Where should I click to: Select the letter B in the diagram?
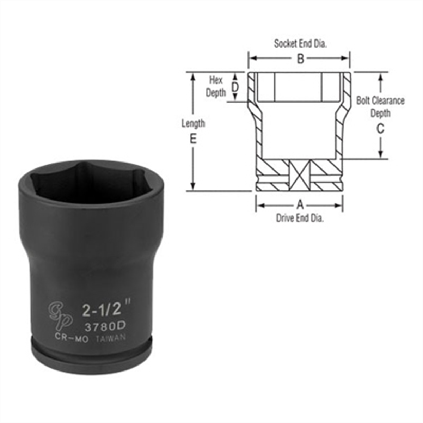click(x=300, y=59)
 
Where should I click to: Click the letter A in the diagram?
click(x=299, y=204)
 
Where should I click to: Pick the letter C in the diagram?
click(x=380, y=129)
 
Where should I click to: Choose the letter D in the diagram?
click(x=235, y=87)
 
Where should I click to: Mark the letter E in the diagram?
click(x=193, y=139)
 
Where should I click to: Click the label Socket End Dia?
click(x=300, y=44)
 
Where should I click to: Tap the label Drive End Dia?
click(x=300, y=218)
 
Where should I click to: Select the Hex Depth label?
click(x=216, y=86)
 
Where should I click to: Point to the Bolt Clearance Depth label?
click(x=380, y=106)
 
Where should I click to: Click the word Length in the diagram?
click(x=193, y=123)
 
